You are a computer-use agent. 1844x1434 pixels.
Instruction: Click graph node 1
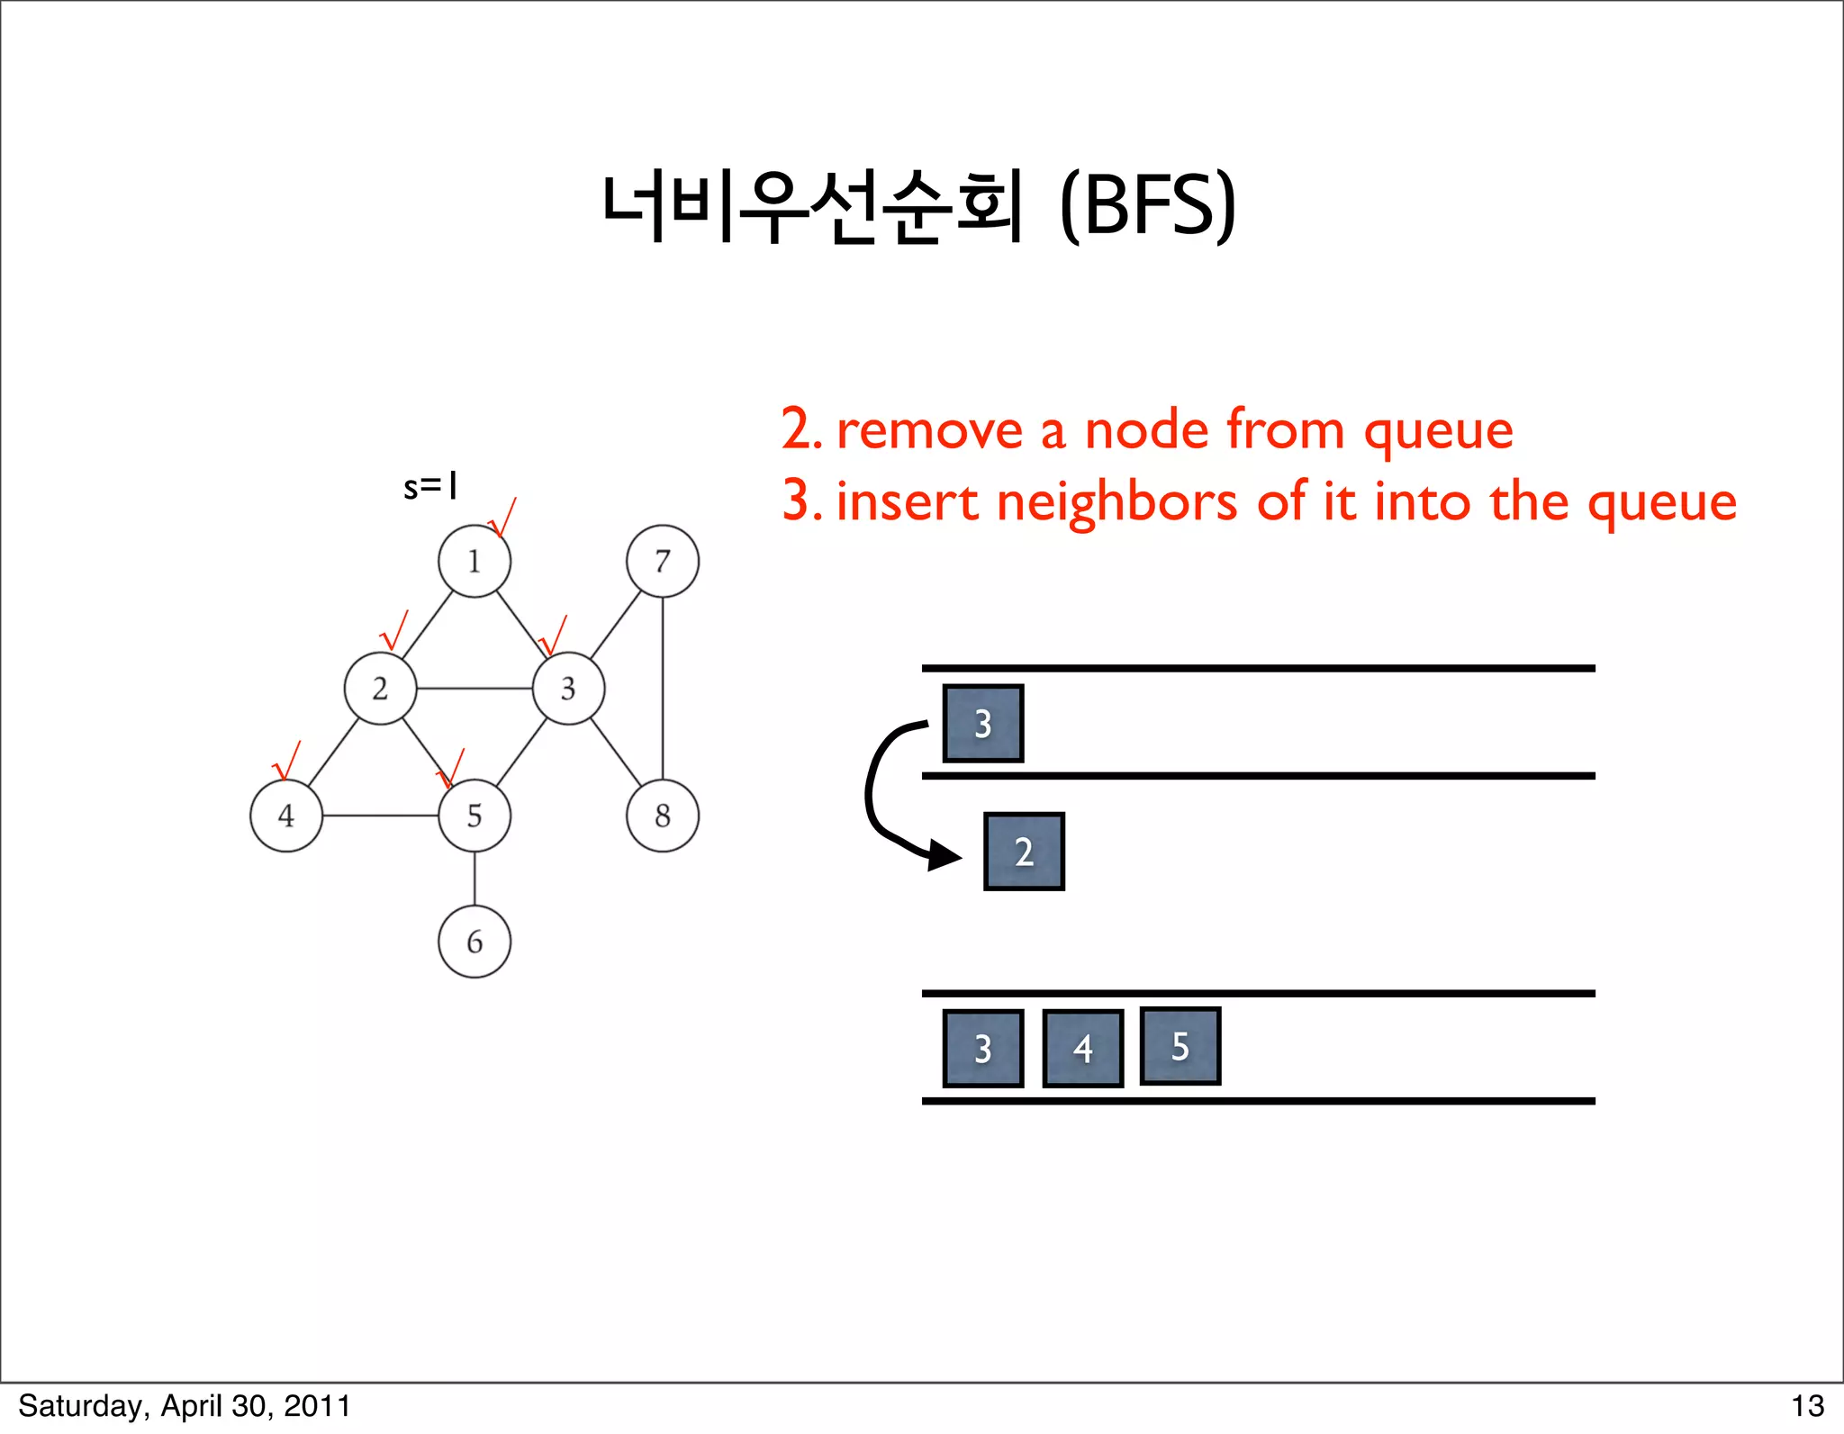[475, 561]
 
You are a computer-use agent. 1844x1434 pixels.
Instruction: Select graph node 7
[663, 561]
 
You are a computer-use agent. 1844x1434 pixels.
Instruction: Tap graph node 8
[663, 816]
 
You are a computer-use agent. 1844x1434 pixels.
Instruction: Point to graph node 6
[475, 942]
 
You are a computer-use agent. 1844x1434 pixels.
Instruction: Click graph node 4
[286, 816]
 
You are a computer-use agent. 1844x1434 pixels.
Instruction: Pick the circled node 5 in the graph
[475, 816]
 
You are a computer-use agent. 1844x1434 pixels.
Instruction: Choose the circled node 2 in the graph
[380, 689]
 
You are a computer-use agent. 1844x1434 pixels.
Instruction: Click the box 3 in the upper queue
[982, 724]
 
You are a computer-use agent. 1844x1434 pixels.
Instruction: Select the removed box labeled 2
[1024, 852]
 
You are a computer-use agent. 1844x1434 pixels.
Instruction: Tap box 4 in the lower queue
[1082, 1049]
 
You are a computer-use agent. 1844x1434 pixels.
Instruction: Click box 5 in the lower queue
[1180, 1046]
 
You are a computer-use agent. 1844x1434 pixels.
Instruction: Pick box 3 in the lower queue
[982, 1049]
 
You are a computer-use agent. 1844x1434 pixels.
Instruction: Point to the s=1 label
[430, 487]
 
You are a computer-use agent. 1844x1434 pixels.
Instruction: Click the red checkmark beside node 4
[286, 762]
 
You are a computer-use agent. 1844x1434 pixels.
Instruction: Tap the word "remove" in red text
[929, 430]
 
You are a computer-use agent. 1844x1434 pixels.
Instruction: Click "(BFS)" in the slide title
[1147, 205]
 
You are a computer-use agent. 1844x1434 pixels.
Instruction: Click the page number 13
[1807, 1406]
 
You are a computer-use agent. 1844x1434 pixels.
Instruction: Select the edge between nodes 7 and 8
[663, 689]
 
